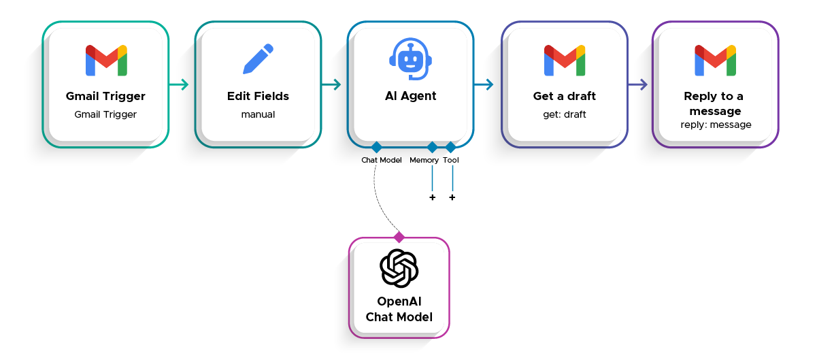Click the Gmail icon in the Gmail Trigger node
106,61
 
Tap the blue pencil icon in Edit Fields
258,59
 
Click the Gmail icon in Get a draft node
565,61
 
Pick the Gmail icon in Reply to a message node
715,61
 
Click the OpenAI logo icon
399,269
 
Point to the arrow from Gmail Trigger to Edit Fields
179,85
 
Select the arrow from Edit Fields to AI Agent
331,85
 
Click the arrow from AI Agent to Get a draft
484,85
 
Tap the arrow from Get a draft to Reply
637,85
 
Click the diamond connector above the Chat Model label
376,147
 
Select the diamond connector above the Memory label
432,147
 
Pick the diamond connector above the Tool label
450,147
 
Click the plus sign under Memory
432,197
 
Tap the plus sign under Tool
452,197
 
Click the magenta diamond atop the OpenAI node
399,237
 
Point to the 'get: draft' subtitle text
564,114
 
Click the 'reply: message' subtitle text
716,125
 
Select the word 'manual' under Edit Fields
258,114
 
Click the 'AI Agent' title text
410,97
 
